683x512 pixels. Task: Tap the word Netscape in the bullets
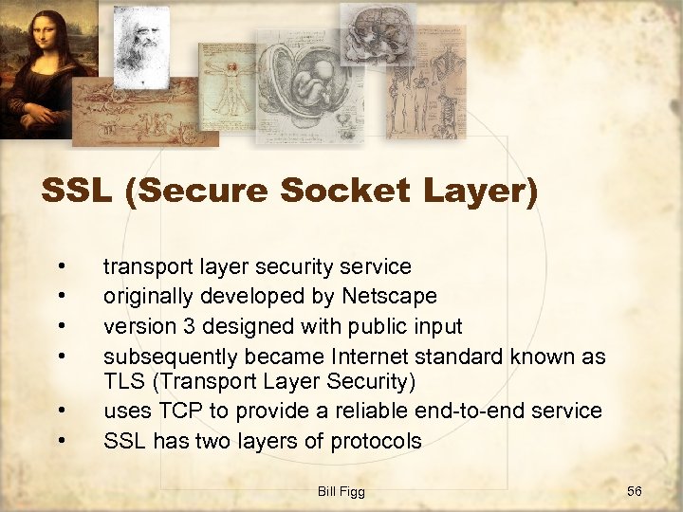click(x=390, y=297)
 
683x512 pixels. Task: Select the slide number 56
click(x=635, y=490)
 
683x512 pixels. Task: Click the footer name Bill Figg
click(x=341, y=490)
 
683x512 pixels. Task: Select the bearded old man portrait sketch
click(x=141, y=43)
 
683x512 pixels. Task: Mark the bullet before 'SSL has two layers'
click(x=61, y=441)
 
